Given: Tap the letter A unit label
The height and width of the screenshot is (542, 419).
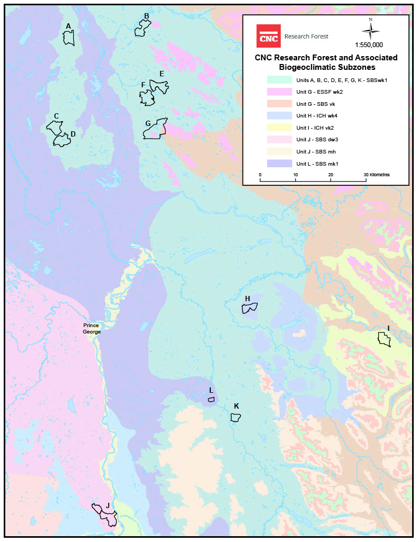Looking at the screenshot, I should (68, 26).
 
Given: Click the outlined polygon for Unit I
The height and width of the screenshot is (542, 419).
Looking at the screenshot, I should (384, 339).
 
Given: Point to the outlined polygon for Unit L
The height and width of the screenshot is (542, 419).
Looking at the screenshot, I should (211, 399).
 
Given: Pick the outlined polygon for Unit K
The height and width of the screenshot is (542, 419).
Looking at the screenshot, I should (236, 417).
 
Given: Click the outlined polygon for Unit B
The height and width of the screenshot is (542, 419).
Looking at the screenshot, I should (142, 29).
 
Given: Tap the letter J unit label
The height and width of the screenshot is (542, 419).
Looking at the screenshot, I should (108, 505).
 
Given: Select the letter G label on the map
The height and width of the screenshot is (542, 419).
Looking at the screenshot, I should (148, 123).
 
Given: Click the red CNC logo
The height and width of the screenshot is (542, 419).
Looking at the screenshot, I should (268, 36).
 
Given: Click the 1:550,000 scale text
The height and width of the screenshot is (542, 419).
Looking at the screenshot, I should (370, 45).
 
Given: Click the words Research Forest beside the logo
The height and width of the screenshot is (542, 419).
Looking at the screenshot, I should (306, 37).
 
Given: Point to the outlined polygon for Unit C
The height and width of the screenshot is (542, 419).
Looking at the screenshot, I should (54, 127).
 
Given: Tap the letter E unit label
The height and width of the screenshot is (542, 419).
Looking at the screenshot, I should (162, 74).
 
